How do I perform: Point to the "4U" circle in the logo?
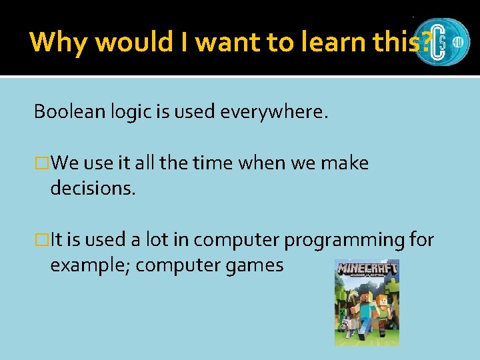pyautogui.click(x=457, y=41)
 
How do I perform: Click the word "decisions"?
pyautogui.click(x=91, y=189)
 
